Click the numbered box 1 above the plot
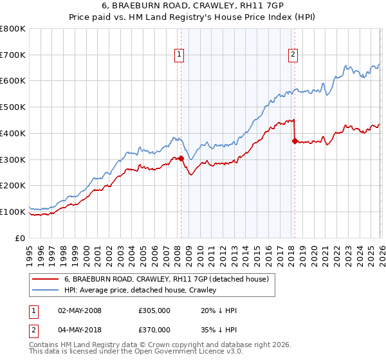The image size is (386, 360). point(179,55)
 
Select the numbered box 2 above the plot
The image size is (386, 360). point(293,55)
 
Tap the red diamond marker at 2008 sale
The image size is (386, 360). point(181,158)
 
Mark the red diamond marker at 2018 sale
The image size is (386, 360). point(295,141)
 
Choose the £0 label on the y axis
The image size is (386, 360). point(21,238)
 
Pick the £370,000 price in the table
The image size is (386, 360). point(154,330)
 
